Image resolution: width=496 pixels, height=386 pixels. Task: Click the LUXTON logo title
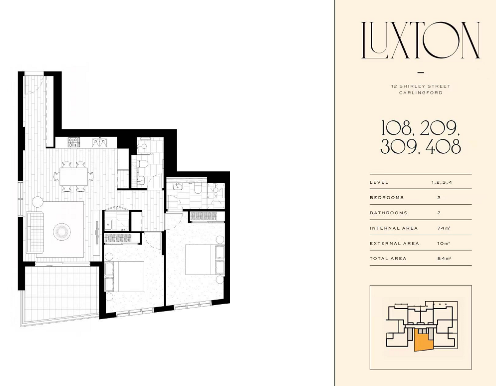pos(421,40)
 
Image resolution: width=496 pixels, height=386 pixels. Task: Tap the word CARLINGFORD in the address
pos(420,93)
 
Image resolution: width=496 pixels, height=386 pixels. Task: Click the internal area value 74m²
pos(444,228)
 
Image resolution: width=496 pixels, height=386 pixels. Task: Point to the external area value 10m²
pos(444,243)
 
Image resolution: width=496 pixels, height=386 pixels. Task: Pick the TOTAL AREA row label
pos(388,258)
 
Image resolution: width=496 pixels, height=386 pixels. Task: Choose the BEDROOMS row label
pos(387,198)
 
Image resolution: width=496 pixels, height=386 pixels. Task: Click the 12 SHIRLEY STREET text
pos(420,86)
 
